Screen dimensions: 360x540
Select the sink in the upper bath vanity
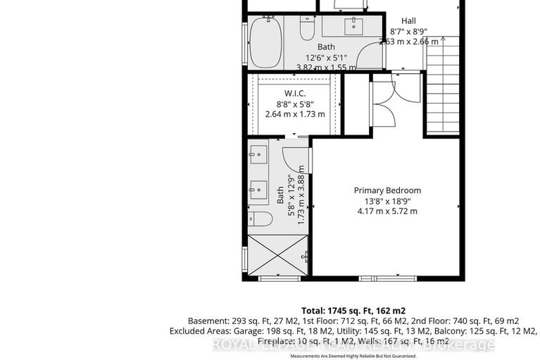(352, 27)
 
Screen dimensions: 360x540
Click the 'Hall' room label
(408, 21)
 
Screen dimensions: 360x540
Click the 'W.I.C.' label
(294, 94)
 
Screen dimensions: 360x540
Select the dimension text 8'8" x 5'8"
(294, 104)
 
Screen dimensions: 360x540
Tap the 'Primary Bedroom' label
(387, 190)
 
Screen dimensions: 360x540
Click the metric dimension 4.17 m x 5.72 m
(387, 211)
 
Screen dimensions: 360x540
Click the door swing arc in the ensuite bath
(294, 159)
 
